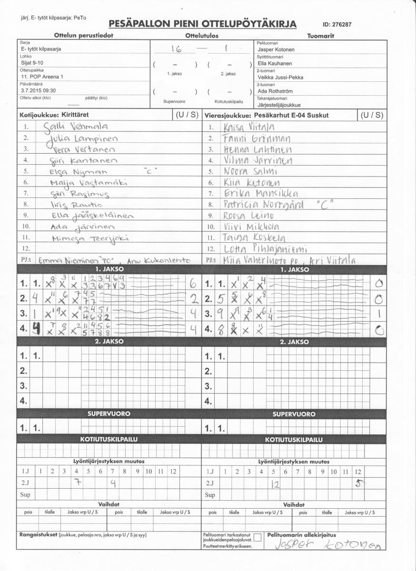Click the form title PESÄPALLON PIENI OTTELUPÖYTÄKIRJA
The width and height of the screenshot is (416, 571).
[x=202, y=24]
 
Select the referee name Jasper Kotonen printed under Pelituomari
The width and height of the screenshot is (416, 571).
[x=276, y=49]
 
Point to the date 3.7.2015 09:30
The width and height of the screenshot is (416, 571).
[x=39, y=90]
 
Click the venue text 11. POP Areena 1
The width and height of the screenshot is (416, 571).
[x=42, y=76]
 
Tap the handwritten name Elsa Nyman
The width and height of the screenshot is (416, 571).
[x=80, y=172]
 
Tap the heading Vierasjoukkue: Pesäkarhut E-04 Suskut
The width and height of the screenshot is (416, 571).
[x=267, y=115]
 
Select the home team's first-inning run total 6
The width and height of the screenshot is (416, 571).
[x=193, y=284]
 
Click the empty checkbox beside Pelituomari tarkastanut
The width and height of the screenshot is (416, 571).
[x=258, y=538]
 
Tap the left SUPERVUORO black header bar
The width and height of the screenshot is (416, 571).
[x=109, y=414]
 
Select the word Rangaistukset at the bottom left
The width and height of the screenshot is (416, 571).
[x=37, y=535]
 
